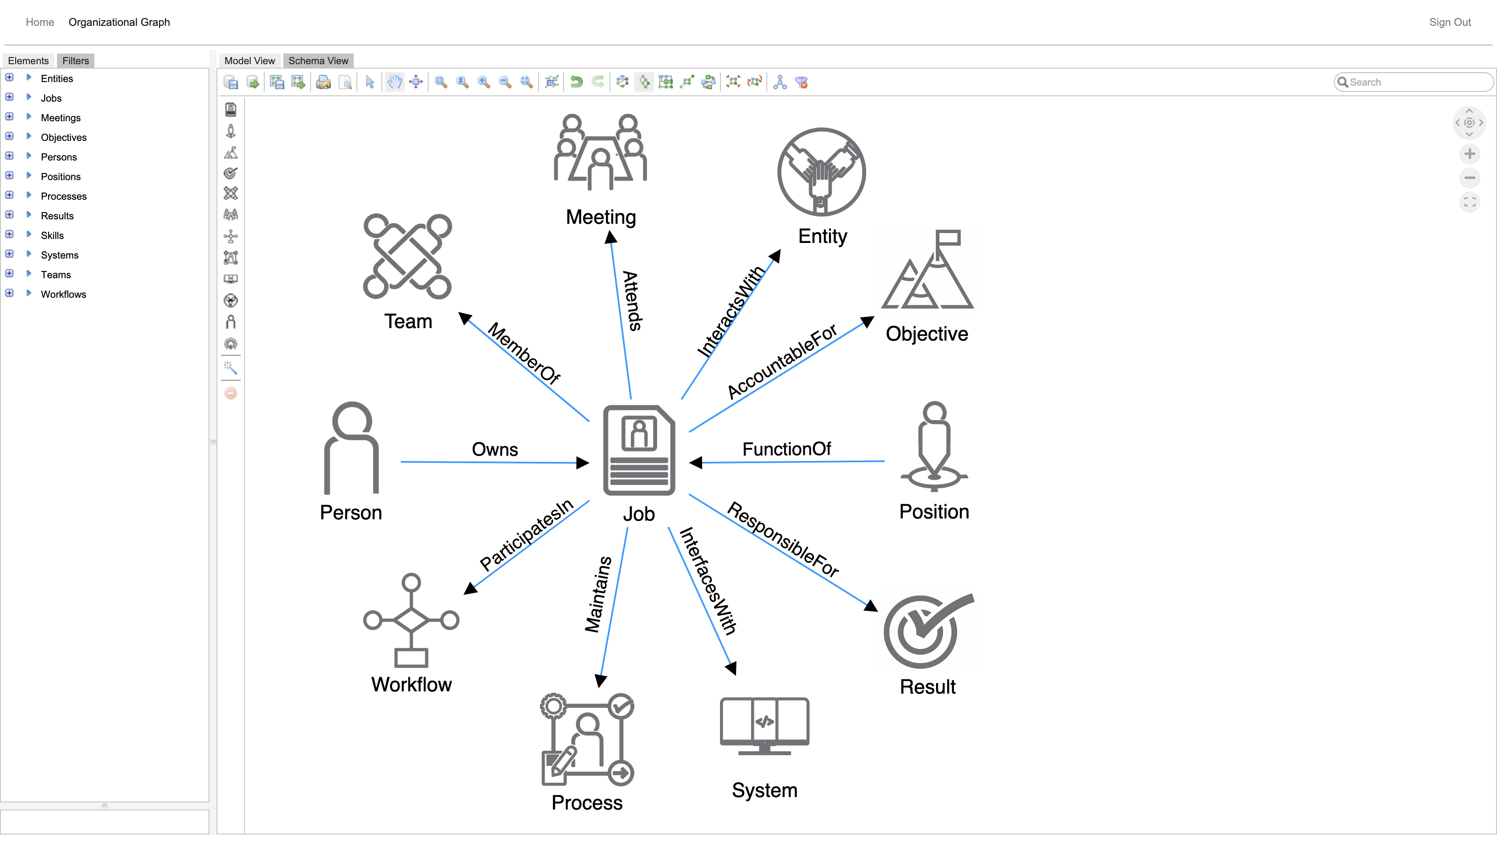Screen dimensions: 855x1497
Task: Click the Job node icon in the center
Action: pyautogui.click(x=638, y=450)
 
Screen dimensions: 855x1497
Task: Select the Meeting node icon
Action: pyautogui.click(x=600, y=152)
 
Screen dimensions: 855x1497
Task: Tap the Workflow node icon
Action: pyautogui.click(x=411, y=620)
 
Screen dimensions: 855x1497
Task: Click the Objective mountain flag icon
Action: pyautogui.click(x=928, y=270)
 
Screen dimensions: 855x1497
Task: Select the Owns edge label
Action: pyautogui.click(x=495, y=449)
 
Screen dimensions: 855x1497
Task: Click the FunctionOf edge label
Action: pyautogui.click(x=786, y=449)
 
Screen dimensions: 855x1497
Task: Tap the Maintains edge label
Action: pyautogui.click(x=598, y=594)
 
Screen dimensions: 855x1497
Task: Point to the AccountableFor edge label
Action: pyautogui.click(x=782, y=361)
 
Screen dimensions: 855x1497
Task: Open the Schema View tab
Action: pyautogui.click(x=318, y=61)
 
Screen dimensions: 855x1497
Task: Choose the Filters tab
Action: pyautogui.click(x=75, y=61)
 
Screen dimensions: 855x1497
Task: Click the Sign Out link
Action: pyautogui.click(x=1449, y=22)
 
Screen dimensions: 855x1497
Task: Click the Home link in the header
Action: pyautogui.click(x=40, y=22)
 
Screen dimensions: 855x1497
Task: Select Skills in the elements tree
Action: pyautogui.click(x=52, y=235)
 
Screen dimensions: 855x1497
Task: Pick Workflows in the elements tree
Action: pyautogui.click(x=63, y=294)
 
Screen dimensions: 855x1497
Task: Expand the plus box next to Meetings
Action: pyautogui.click(x=9, y=117)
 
